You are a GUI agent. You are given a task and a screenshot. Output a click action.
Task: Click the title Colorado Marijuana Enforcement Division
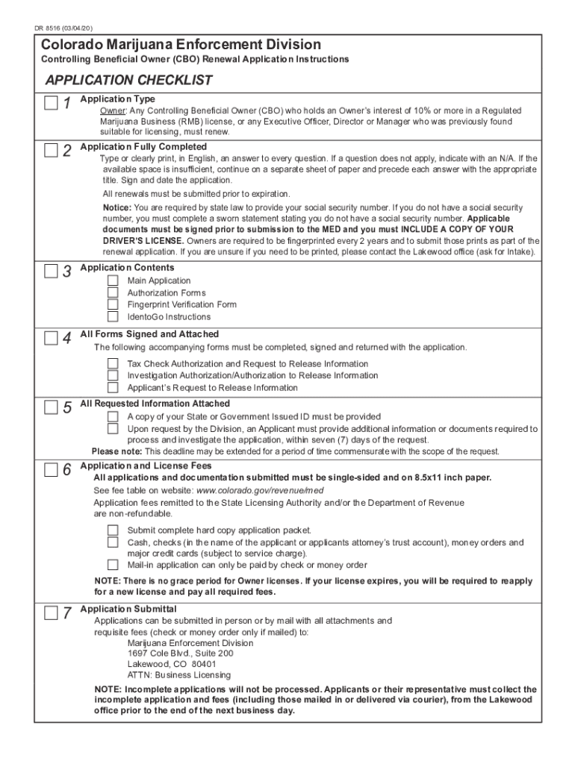click(x=181, y=45)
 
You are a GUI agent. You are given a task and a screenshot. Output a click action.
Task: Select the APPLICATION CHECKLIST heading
click(x=128, y=81)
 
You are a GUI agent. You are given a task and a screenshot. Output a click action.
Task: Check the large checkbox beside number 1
click(x=50, y=104)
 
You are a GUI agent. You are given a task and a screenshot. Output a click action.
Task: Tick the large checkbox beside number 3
click(x=50, y=272)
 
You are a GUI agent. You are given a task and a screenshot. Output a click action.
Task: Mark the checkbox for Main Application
click(x=113, y=281)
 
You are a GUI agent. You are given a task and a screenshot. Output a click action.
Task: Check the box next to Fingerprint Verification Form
click(x=113, y=304)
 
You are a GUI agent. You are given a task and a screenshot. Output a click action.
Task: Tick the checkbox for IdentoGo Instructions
click(x=113, y=316)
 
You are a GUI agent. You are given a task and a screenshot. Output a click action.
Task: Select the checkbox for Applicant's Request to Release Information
click(x=113, y=387)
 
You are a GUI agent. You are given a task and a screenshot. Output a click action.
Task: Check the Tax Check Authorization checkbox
click(x=113, y=363)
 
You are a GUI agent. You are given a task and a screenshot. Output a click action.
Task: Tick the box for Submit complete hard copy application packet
click(x=113, y=530)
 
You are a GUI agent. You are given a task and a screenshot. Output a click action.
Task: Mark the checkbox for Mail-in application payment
click(x=113, y=565)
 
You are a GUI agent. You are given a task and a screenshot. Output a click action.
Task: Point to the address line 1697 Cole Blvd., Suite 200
click(x=180, y=653)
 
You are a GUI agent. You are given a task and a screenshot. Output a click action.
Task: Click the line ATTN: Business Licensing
click(x=179, y=674)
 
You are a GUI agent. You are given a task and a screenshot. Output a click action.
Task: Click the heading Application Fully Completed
click(x=143, y=146)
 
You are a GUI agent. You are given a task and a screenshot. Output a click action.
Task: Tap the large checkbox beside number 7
click(x=50, y=613)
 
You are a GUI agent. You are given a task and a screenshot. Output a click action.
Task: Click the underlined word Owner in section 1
click(x=113, y=110)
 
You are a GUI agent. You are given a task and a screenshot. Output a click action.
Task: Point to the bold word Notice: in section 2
click(x=116, y=207)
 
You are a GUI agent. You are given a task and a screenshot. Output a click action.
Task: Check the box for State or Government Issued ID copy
click(x=113, y=416)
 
